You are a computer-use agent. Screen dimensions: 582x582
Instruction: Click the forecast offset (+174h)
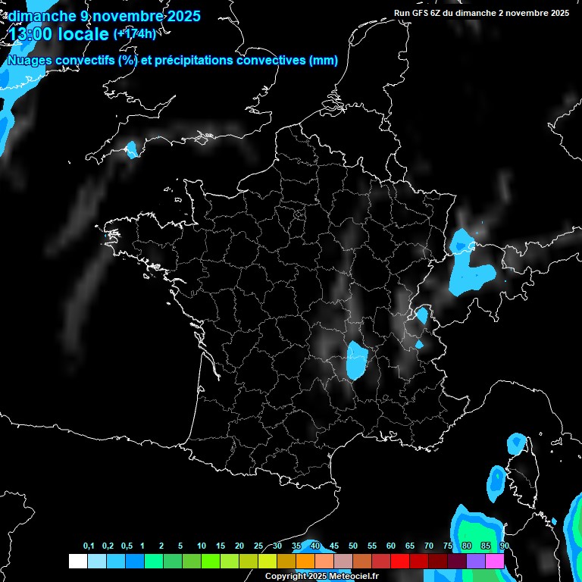pyautogui.click(x=134, y=34)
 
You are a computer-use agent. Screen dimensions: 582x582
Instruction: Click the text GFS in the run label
pyautogui.click(x=424, y=13)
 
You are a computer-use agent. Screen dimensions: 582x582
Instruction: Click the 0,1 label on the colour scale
pyautogui.click(x=88, y=546)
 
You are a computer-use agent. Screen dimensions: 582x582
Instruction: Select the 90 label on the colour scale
pyautogui.click(x=504, y=546)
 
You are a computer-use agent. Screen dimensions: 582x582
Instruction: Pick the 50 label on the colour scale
pyautogui.click(x=353, y=546)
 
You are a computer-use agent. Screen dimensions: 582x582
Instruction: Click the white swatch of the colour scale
pyautogui.click(x=77, y=562)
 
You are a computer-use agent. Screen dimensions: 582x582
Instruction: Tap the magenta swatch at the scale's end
pyautogui.click(x=495, y=562)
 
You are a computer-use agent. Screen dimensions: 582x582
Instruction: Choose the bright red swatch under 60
pyautogui.click(x=399, y=562)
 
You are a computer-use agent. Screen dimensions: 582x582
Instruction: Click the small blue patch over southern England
pyautogui.click(x=133, y=149)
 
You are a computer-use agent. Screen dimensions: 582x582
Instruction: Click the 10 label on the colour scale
pyautogui.click(x=201, y=546)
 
